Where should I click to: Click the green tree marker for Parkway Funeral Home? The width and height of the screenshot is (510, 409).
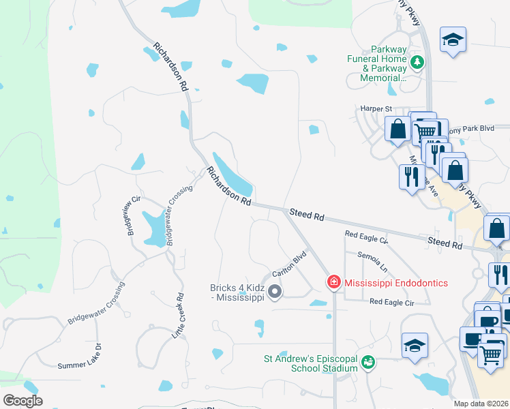point(417,64)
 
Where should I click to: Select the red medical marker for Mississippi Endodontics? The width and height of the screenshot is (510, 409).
point(333,282)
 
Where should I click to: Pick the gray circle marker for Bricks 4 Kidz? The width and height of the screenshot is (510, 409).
point(275,292)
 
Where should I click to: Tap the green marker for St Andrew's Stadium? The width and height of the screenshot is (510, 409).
point(368,362)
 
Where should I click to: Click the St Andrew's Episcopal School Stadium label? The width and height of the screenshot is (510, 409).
point(311,363)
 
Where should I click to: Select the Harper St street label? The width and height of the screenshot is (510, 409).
point(376,108)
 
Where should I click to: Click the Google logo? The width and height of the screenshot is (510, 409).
point(22,401)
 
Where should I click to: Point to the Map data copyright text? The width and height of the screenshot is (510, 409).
point(481,404)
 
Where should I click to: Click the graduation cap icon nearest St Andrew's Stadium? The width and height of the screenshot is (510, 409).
point(415,346)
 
